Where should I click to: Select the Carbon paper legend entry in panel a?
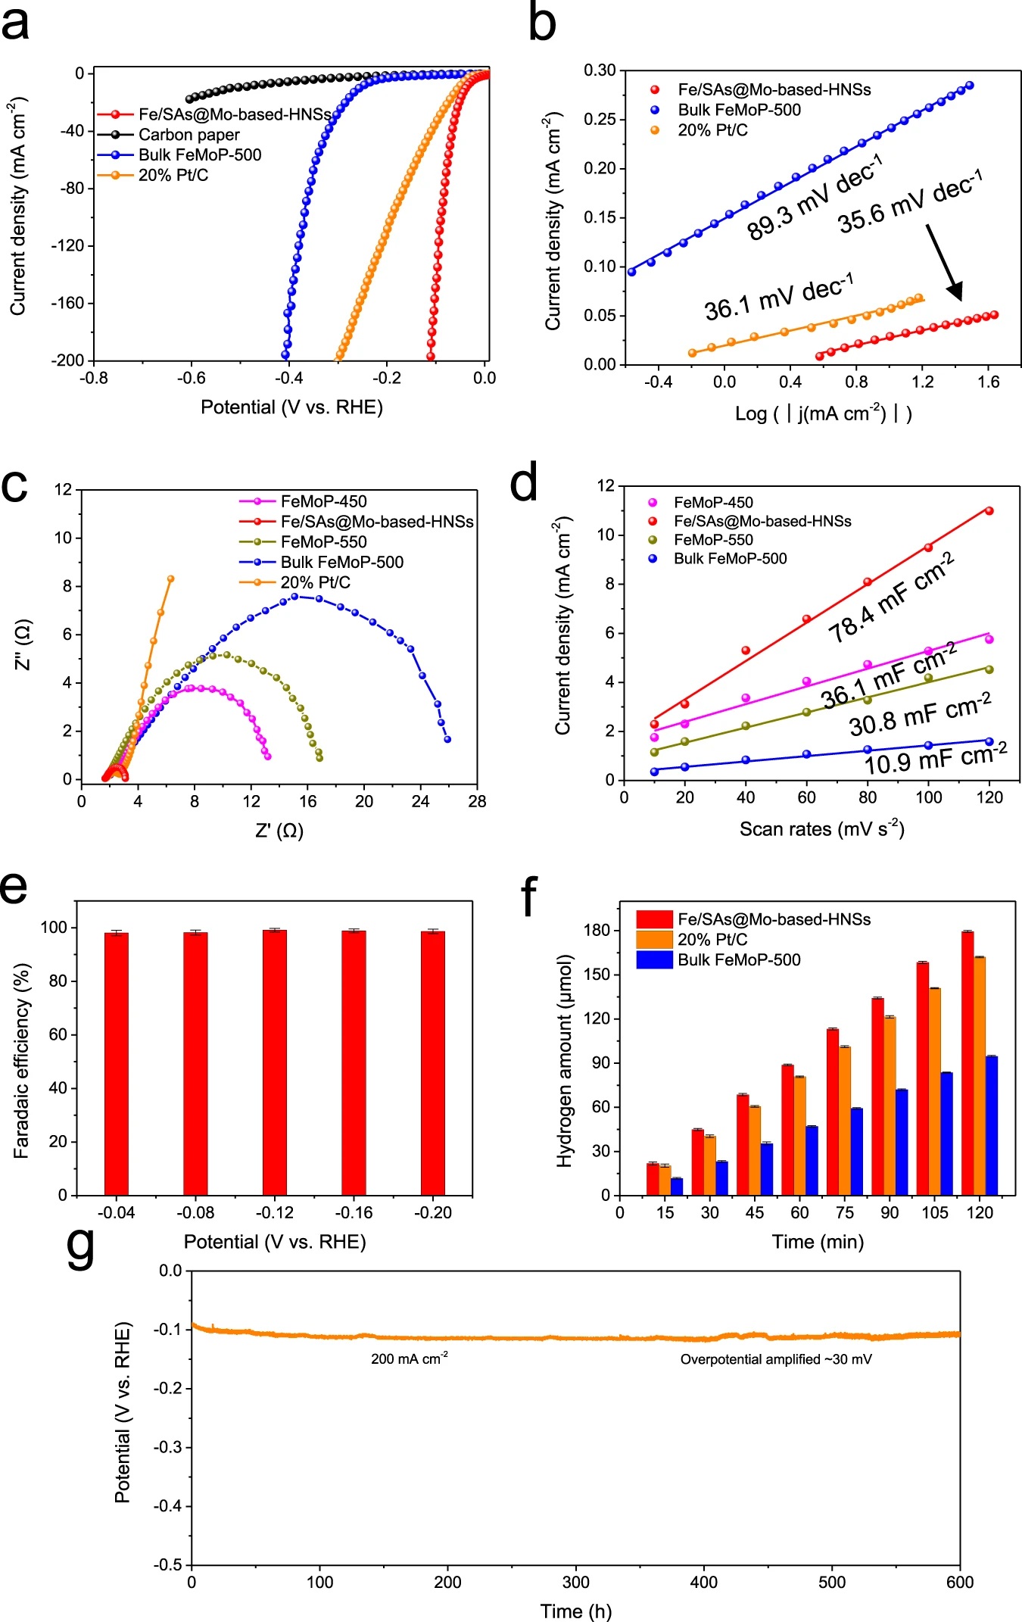[x=189, y=135]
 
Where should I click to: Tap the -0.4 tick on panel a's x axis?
[x=288, y=378]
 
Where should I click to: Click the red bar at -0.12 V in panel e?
[x=275, y=1062]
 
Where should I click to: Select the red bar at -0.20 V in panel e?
[x=433, y=1063]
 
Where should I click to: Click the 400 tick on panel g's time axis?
[x=704, y=1582]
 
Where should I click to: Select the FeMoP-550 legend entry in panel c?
[x=323, y=542]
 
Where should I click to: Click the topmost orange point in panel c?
[x=171, y=579]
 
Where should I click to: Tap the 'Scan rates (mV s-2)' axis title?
[x=821, y=828]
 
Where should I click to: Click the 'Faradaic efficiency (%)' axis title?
[x=21, y=1061]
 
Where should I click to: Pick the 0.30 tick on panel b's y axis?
[x=600, y=70]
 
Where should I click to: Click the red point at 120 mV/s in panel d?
[x=989, y=510]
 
